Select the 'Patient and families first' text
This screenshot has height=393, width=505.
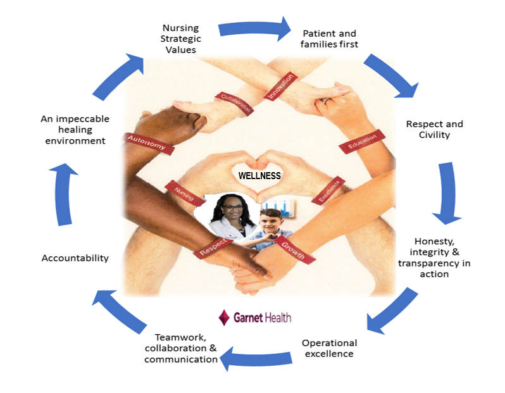point(330,39)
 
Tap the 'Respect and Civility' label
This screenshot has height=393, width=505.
point(434,129)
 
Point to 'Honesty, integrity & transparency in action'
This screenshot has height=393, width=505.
point(433,258)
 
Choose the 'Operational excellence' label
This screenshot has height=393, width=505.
point(329,348)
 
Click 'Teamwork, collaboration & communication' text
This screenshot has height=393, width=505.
point(181,349)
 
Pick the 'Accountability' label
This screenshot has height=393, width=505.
point(75,258)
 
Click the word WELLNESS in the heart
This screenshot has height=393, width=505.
point(259,175)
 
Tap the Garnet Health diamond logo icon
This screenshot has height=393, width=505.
point(223,317)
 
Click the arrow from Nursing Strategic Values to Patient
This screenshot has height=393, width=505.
point(253,30)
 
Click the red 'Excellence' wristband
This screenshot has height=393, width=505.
point(330,189)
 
